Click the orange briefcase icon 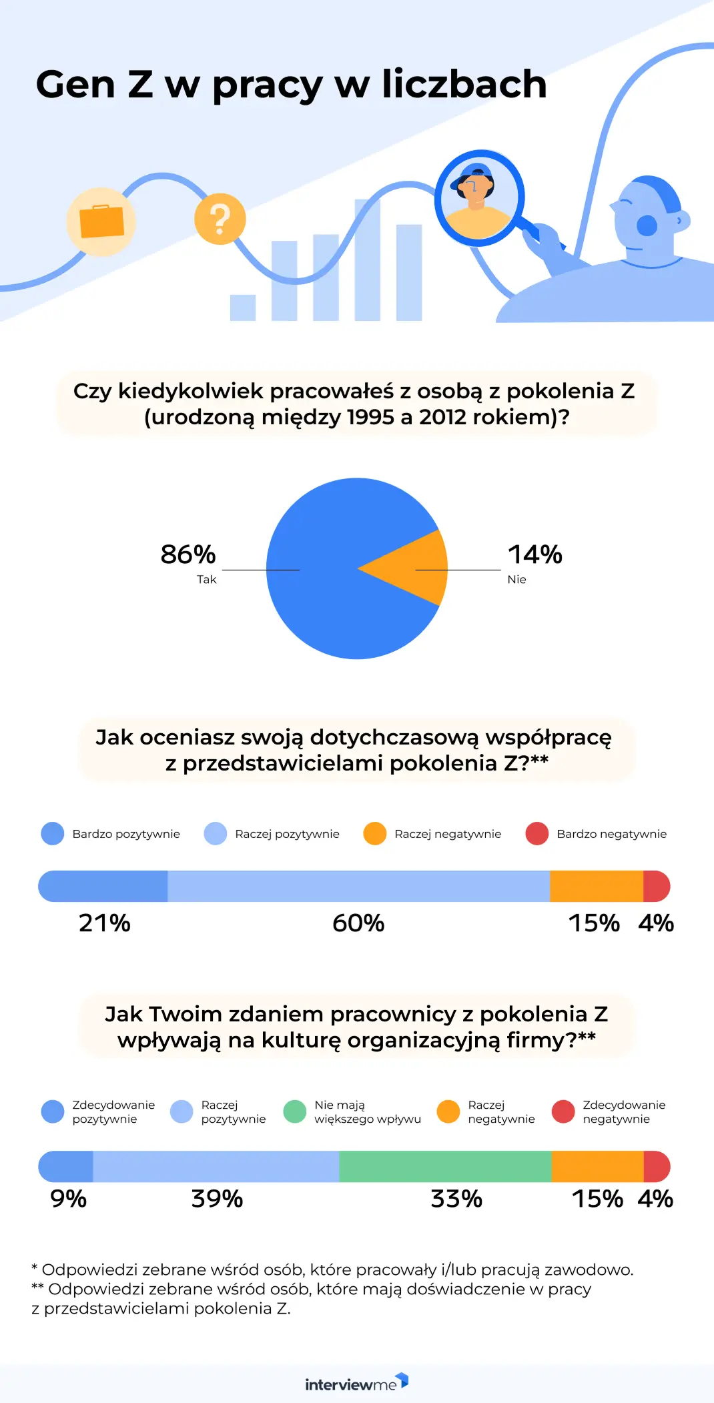pyautogui.click(x=101, y=221)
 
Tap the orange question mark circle pyautogui.click(x=220, y=219)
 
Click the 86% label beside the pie pyautogui.click(x=188, y=554)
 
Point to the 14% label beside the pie pyautogui.click(x=534, y=554)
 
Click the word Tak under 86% pyautogui.click(x=206, y=579)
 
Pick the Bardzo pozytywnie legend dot pyautogui.click(x=53, y=833)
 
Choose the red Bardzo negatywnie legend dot pyautogui.click(x=537, y=833)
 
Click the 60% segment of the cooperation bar pyautogui.click(x=358, y=886)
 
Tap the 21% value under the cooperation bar pyautogui.click(x=105, y=923)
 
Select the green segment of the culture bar pyautogui.click(x=445, y=1166)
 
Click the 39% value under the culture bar pyautogui.click(x=217, y=1199)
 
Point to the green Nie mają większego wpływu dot pyautogui.click(x=294, y=1111)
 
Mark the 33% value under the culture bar pyautogui.click(x=456, y=1199)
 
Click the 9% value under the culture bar pyautogui.click(x=68, y=1199)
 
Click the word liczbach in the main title pyautogui.click(x=464, y=85)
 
